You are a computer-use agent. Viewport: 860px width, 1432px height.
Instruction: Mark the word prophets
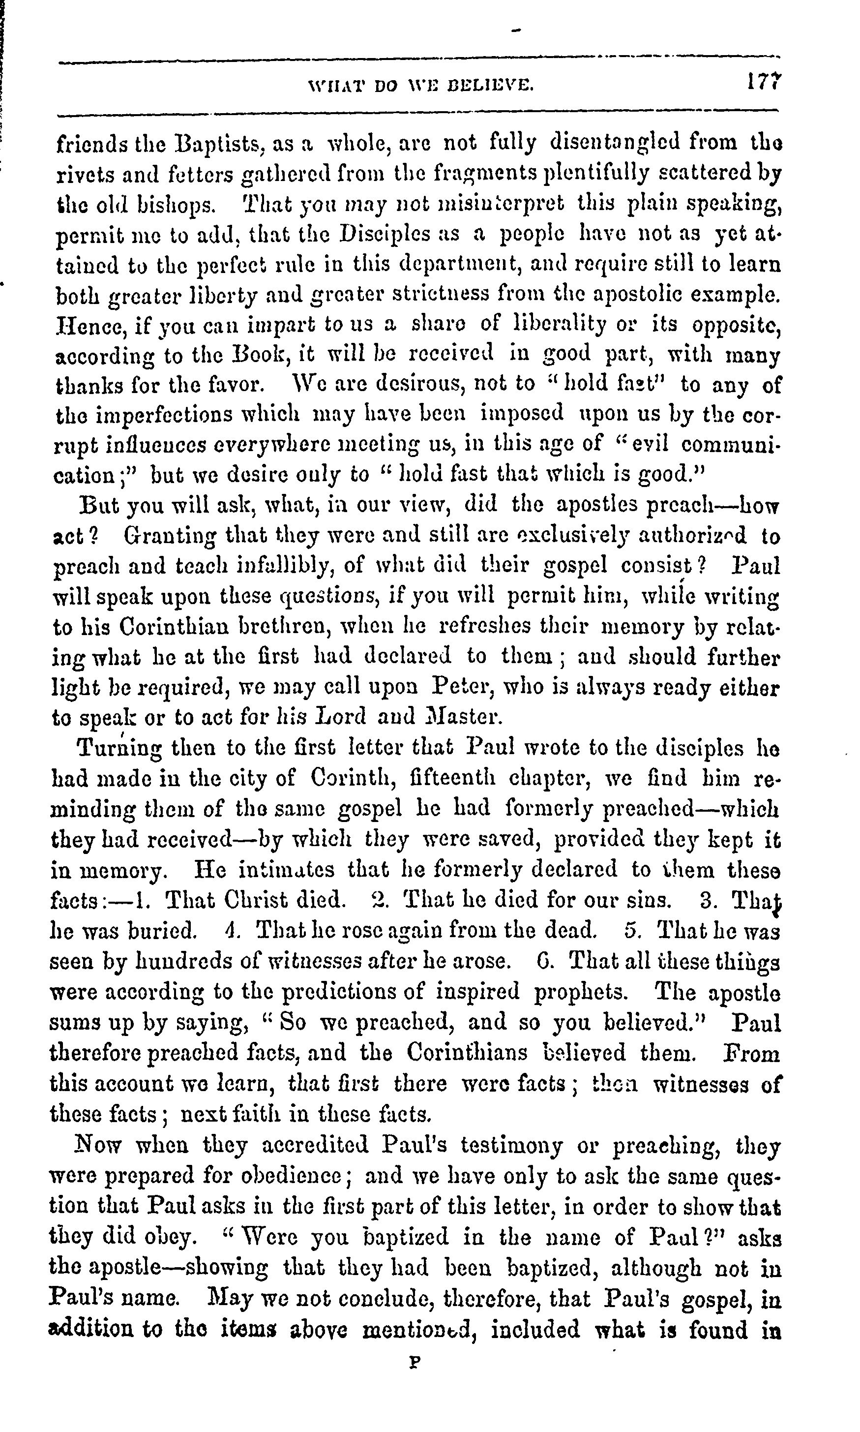click(580, 992)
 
